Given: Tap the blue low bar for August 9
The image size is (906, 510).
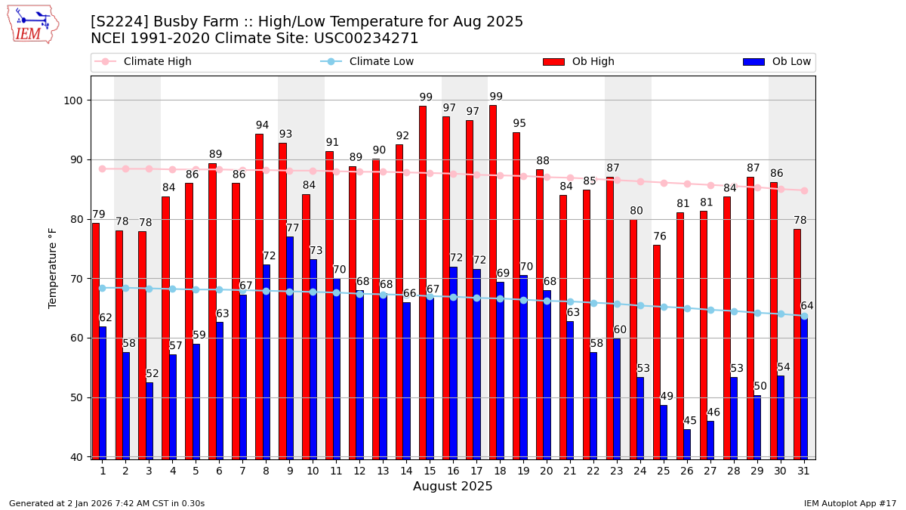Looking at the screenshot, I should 290,348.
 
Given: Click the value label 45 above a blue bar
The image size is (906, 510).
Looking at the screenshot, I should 690,421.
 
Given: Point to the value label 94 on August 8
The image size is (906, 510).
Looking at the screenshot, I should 262,125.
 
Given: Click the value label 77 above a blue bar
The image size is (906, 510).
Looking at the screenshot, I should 293,228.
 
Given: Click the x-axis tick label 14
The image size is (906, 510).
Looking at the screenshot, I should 406,471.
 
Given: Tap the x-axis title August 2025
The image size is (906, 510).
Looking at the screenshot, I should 452,487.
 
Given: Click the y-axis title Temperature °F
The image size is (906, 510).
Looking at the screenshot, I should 53,267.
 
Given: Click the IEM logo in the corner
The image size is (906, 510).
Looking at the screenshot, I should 32,24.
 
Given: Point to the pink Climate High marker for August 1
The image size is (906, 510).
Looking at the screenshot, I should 102,168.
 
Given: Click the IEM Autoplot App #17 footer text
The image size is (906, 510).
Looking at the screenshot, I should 849,503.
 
